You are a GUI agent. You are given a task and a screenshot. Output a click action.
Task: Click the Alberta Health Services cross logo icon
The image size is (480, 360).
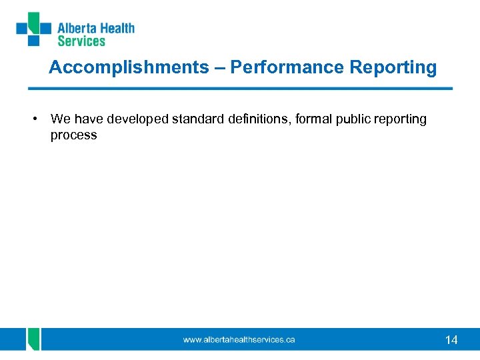point(34,29)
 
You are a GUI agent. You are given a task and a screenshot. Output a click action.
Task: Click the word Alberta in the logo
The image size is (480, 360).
point(77,29)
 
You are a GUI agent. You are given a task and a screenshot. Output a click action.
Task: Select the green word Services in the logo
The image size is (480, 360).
point(81,41)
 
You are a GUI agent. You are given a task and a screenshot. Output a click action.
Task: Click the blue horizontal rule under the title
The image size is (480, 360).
point(240,88)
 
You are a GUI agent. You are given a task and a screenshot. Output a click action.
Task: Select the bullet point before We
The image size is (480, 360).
point(33,119)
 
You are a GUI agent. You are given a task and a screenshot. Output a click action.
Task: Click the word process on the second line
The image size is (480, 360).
point(73,135)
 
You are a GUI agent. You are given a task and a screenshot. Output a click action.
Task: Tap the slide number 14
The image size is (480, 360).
point(451,340)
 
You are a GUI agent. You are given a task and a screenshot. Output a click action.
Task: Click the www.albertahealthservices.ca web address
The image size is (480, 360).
point(239,340)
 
